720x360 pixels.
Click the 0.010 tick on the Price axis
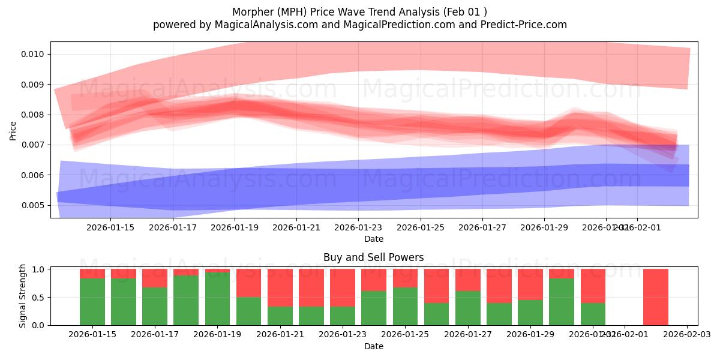click(31, 54)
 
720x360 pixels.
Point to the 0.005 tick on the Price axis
click(31, 205)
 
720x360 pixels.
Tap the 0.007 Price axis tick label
click(31, 145)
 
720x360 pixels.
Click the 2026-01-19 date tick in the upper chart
click(235, 227)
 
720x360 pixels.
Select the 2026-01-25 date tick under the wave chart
click(421, 227)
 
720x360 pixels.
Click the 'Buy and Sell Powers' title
click(373, 257)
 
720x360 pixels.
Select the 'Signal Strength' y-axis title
click(23, 296)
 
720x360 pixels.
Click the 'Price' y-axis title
click(13, 130)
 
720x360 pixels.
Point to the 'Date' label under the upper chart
click(373, 239)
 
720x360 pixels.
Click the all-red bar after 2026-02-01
click(655, 297)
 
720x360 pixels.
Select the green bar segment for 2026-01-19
click(217, 299)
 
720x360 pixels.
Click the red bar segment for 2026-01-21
click(280, 287)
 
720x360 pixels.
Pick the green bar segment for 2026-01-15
click(92, 302)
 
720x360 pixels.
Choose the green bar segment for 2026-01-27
click(468, 308)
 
